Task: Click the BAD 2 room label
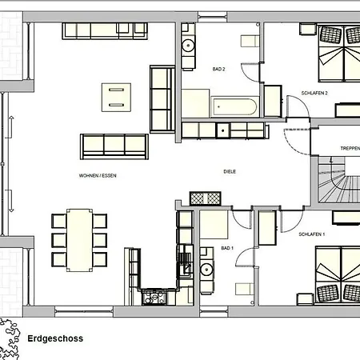click(x=218, y=69)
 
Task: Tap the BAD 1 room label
click(x=227, y=248)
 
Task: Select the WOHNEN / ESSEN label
click(x=98, y=175)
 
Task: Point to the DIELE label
click(x=230, y=171)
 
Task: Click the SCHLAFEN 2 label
click(x=314, y=93)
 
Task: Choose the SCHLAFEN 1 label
click(x=312, y=234)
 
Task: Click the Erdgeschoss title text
click(x=55, y=338)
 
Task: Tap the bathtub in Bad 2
click(x=234, y=106)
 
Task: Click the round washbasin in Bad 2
click(x=188, y=46)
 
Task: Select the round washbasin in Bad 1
click(x=206, y=270)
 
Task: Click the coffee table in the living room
click(x=116, y=98)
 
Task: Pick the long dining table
click(x=79, y=240)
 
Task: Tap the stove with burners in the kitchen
click(x=154, y=298)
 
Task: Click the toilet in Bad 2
click(x=250, y=42)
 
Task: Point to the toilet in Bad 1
click(x=245, y=290)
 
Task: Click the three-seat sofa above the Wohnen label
click(x=114, y=146)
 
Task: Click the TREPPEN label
click(x=350, y=148)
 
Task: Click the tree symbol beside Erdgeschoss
click(x=10, y=338)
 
